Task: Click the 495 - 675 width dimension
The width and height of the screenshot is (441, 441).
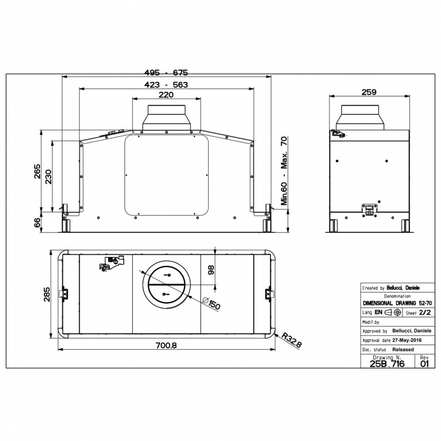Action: point(166,72)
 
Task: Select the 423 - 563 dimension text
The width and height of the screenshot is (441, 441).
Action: point(166,85)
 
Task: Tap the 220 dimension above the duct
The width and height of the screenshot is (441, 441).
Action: point(166,94)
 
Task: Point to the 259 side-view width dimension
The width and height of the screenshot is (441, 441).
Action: point(369,92)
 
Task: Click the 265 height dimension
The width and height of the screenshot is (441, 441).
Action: point(37,171)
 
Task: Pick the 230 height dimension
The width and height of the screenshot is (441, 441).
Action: point(49,177)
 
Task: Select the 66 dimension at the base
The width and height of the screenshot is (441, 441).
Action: point(37,222)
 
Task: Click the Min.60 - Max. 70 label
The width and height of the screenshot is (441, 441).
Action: point(284,171)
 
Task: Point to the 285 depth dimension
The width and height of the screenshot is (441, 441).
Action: point(46,294)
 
